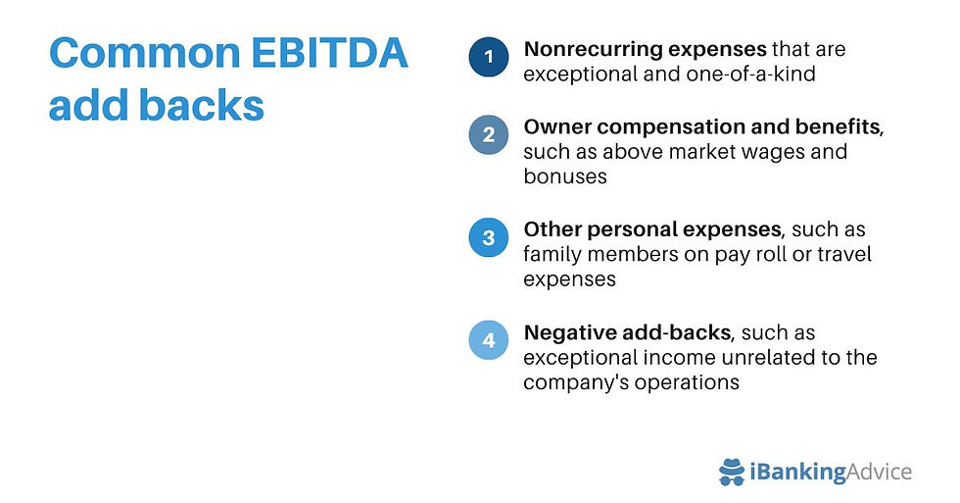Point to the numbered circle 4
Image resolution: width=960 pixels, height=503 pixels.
[x=488, y=341]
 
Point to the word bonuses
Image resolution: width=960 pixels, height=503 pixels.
[x=565, y=176]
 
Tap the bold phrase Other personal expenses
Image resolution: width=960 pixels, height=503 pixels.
[x=653, y=229]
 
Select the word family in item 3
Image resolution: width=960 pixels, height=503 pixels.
[x=552, y=254]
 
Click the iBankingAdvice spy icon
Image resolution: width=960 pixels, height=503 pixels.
[x=733, y=473]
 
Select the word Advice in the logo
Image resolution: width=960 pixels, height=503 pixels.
[x=879, y=473]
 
